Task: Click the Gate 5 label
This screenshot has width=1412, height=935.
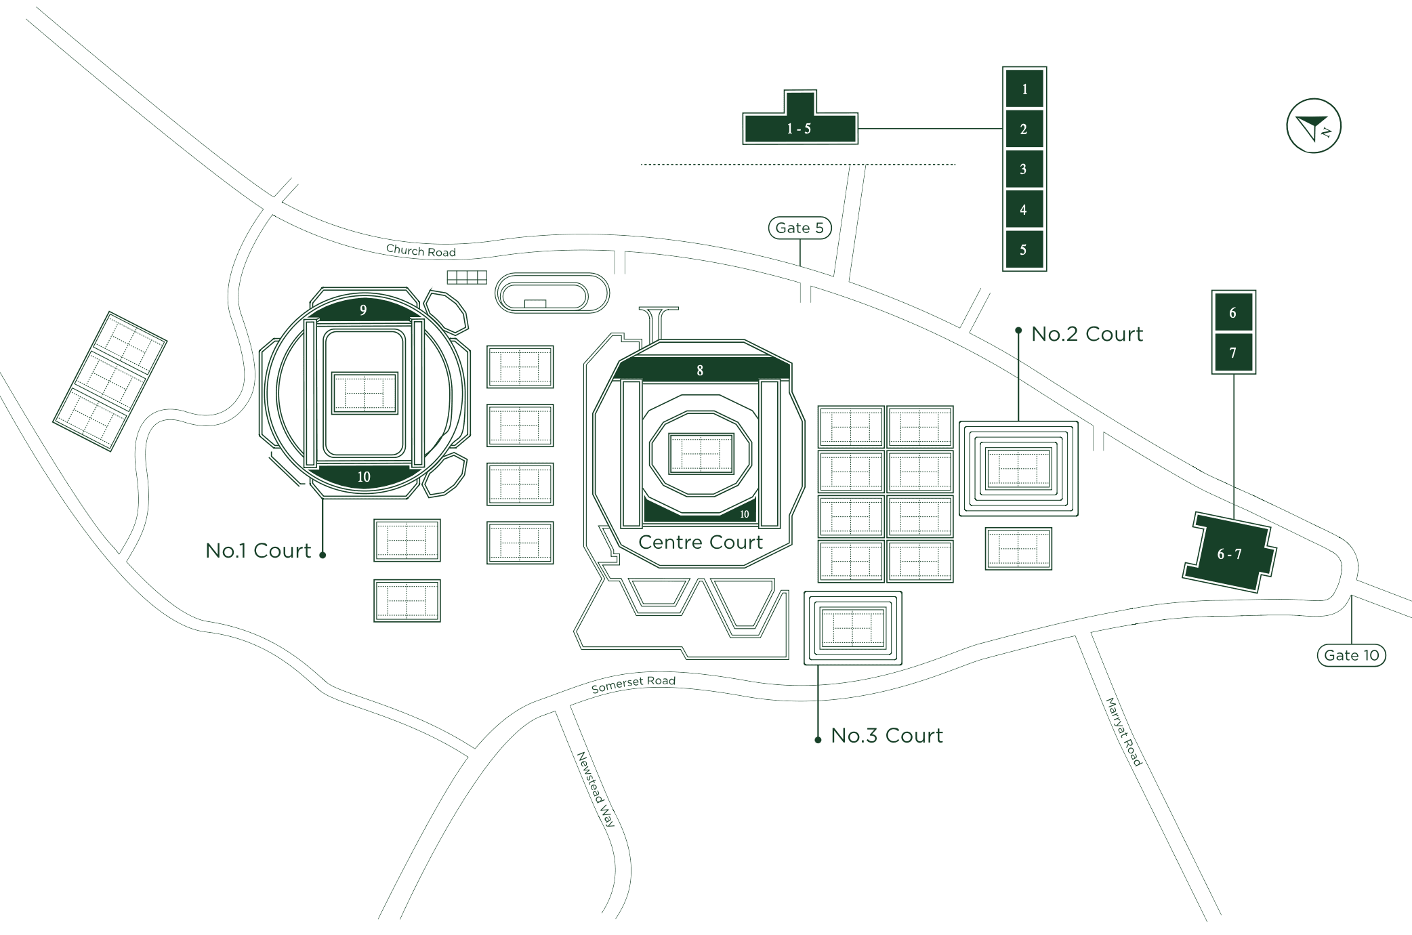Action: pyautogui.click(x=800, y=228)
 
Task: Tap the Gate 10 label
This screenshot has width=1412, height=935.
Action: pyautogui.click(x=1351, y=655)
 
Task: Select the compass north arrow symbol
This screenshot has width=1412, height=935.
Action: pyautogui.click(x=1313, y=126)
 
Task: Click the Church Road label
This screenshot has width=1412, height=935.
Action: pyautogui.click(x=421, y=251)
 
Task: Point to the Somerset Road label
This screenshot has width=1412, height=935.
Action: pyautogui.click(x=633, y=684)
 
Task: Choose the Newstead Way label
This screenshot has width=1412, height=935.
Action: pyautogui.click(x=596, y=789)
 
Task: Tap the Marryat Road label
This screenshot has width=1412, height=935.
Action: pyautogui.click(x=1124, y=732)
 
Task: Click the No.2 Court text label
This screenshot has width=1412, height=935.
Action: pyautogui.click(x=1087, y=334)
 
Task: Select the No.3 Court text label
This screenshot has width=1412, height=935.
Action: pyautogui.click(x=886, y=736)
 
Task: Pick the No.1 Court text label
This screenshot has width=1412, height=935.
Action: pyautogui.click(x=258, y=551)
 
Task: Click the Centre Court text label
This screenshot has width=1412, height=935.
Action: pyautogui.click(x=701, y=542)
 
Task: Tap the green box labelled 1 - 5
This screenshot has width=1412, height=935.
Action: pyautogui.click(x=800, y=128)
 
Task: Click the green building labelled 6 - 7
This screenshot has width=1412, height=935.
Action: pyautogui.click(x=1229, y=554)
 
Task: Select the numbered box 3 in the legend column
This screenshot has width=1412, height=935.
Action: pyautogui.click(x=1024, y=169)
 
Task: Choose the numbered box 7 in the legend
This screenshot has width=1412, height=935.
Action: pyautogui.click(x=1233, y=352)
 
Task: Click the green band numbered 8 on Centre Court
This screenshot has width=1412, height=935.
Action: pyautogui.click(x=701, y=370)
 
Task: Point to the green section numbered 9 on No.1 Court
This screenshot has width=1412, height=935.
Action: pyautogui.click(x=364, y=310)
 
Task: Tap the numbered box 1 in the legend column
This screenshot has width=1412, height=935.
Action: pyautogui.click(x=1024, y=89)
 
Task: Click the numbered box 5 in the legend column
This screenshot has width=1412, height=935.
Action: pyautogui.click(x=1024, y=250)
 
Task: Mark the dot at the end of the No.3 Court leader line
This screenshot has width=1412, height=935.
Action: pyautogui.click(x=818, y=740)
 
